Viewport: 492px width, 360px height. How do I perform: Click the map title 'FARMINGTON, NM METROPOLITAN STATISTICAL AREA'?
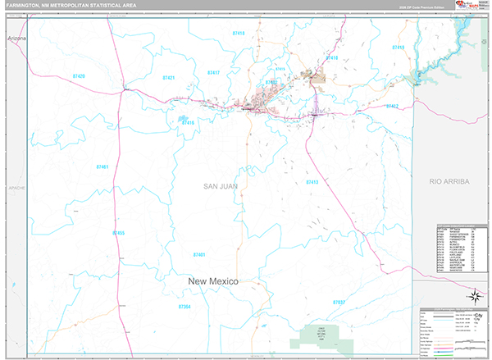[71, 6]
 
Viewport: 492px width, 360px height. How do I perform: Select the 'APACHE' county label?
[16, 188]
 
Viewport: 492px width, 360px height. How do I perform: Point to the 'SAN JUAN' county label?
[221, 187]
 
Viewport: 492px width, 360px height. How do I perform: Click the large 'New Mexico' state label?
[213, 281]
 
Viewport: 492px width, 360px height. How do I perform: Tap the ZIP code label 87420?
[80, 75]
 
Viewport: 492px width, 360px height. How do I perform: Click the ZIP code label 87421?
[168, 77]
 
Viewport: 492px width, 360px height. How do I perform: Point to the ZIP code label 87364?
[184, 306]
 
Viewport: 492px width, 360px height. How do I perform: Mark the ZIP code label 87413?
[312, 182]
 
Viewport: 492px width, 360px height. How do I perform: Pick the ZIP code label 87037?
[339, 303]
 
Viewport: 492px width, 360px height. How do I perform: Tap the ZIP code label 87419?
[398, 48]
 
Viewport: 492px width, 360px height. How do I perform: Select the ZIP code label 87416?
[188, 123]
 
